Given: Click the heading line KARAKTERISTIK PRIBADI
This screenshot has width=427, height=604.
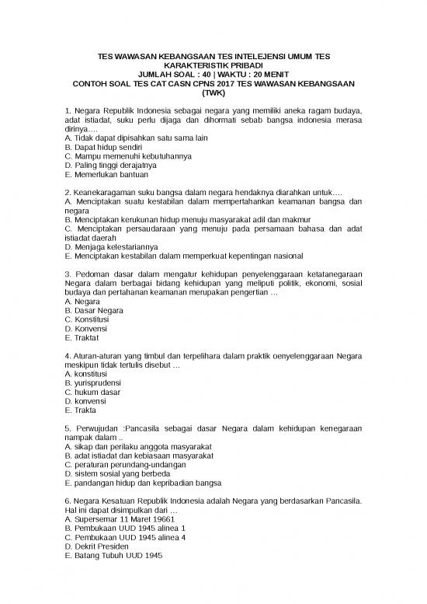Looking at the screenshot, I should [212, 65].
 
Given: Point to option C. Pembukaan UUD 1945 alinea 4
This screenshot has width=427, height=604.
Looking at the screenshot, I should [125, 536].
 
